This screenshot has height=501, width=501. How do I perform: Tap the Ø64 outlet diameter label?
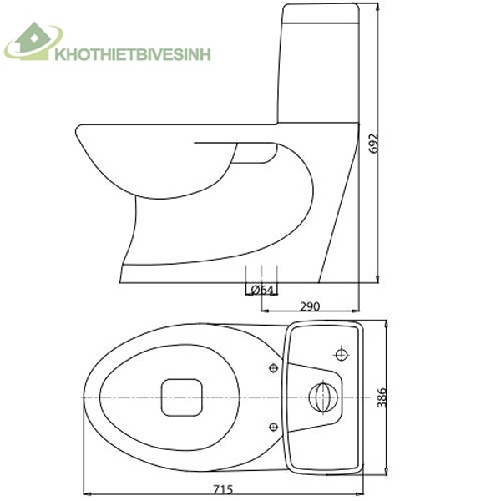(262, 290)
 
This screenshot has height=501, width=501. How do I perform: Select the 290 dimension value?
(311, 306)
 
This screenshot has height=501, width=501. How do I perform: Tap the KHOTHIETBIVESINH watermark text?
(132, 55)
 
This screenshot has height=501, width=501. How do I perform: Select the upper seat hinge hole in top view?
(274, 367)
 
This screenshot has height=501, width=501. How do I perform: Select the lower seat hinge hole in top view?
(274, 426)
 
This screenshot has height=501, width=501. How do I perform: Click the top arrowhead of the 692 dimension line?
(377, 7)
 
